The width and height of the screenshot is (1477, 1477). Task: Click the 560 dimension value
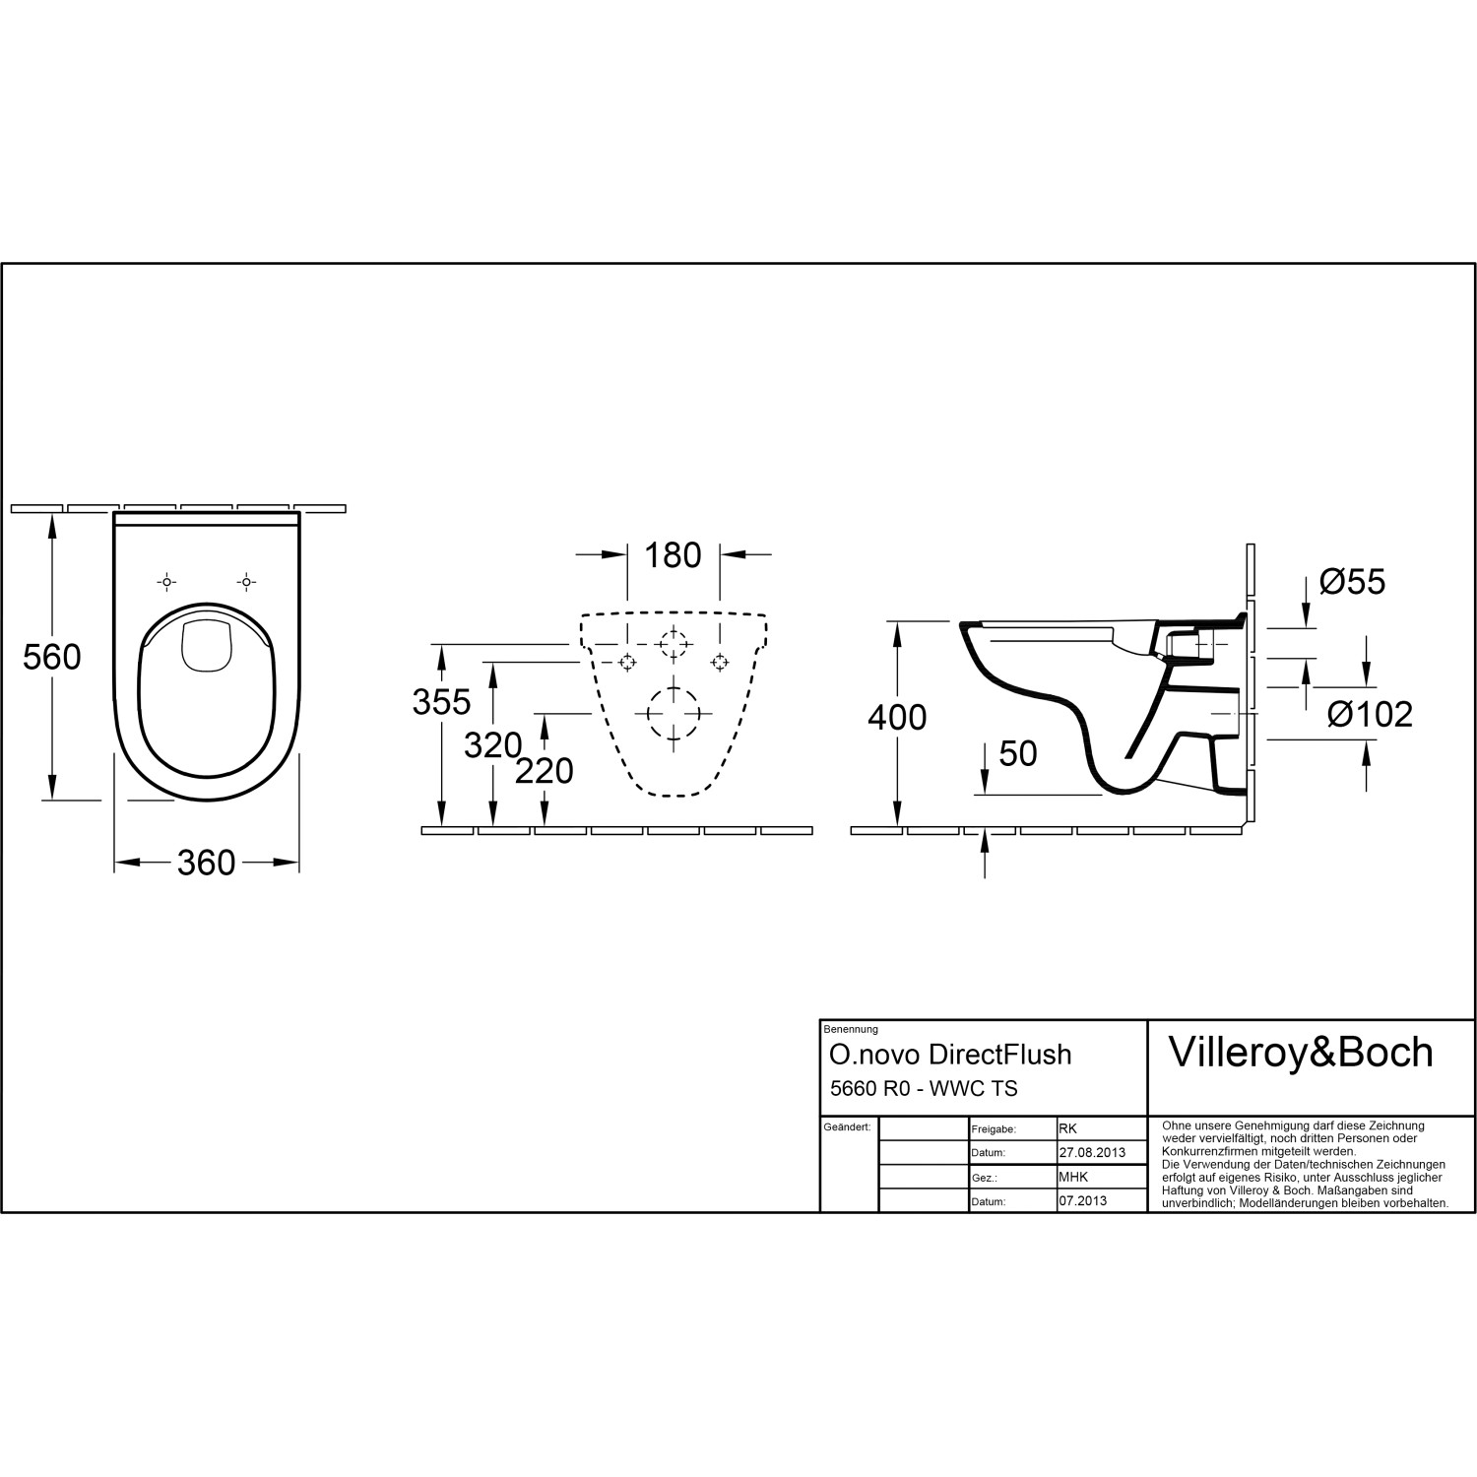pos(51,657)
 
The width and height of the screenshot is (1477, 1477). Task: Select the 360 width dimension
pos(206,864)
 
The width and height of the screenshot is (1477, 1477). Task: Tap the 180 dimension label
pos(673,555)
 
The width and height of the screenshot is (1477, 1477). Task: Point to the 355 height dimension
pos(441,702)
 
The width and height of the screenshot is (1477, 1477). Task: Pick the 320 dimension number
pos(492,746)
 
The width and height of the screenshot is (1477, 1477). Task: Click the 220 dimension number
pos(544,771)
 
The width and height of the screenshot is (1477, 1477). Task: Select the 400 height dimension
pos(896,718)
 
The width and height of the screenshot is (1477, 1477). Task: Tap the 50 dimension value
pos(1017,754)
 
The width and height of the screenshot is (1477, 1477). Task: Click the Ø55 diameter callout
pos(1352,582)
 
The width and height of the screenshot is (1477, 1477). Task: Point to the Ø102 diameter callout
pos(1369,715)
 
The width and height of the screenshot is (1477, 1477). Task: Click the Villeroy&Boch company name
pos(1300,1053)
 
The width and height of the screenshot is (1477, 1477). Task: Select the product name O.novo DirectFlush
pos(949,1055)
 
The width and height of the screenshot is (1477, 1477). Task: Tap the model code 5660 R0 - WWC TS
pos(923,1088)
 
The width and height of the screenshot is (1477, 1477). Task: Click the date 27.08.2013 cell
pos(1091,1153)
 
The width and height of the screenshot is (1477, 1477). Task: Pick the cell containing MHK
pos(1073,1177)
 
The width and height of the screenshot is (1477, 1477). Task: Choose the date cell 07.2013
pos(1082,1201)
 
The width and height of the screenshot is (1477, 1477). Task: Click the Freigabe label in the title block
pos(994,1129)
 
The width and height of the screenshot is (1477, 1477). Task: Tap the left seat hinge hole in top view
pos(166,582)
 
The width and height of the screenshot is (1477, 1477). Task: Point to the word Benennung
pos(850,1029)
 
